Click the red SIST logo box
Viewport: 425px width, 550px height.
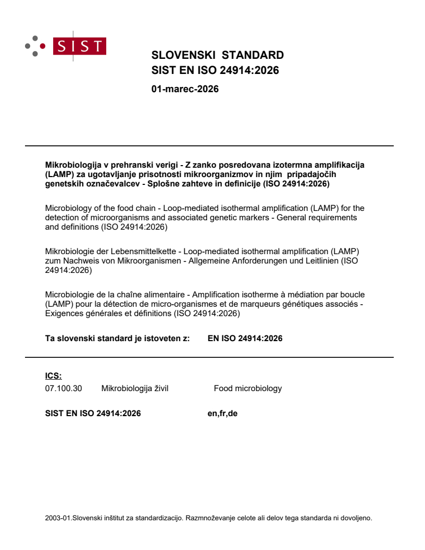[82, 46]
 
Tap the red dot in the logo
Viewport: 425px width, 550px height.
[43, 46]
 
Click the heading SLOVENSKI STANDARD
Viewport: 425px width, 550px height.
[217, 55]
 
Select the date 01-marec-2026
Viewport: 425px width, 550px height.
[185, 89]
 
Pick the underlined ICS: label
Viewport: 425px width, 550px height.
[54, 376]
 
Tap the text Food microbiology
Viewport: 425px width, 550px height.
[248, 388]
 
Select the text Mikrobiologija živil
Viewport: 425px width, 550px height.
[135, 388]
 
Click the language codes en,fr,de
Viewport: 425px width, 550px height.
[222, 414]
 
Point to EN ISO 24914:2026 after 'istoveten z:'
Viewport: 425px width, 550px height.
[245, 339]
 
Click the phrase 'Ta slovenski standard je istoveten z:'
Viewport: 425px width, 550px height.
[118, 339]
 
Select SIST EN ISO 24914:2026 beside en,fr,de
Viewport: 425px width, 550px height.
[93, 414]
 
